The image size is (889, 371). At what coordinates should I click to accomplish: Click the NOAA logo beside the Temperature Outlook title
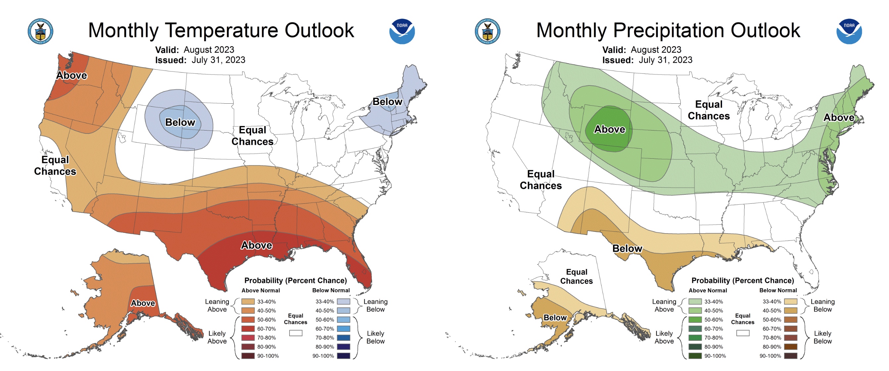click(402, 31)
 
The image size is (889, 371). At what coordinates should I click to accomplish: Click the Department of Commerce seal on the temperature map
click(40, 31)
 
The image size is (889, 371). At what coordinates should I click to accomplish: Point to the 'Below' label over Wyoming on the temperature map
click(180, 122)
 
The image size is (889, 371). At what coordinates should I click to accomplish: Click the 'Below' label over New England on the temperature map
click(387, 101)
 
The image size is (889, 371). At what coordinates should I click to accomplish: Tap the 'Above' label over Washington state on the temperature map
click(72, 75)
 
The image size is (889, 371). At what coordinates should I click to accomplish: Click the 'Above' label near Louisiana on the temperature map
click(256, 245)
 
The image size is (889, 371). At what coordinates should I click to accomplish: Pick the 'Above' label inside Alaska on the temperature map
click(143, 303)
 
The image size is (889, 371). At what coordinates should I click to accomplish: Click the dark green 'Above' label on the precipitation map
click(609, 129)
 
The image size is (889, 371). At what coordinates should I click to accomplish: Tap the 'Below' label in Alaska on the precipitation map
click(555, 318)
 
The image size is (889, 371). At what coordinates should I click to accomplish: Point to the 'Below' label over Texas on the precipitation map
click(627, 248)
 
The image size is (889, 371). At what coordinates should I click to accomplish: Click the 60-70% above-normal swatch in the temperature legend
click(248, 329)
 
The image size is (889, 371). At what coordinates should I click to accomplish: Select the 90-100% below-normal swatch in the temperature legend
click(343, 355)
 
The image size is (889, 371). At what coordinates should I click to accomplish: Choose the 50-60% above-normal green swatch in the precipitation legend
click(695, 320)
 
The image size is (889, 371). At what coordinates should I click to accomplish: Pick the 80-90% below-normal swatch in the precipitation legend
click(790, 346)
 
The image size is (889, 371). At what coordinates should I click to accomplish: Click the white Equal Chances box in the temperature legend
click(296, 333)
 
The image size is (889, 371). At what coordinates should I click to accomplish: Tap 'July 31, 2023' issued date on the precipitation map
click(665, 60)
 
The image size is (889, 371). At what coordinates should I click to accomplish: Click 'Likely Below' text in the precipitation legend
click(822, 337)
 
